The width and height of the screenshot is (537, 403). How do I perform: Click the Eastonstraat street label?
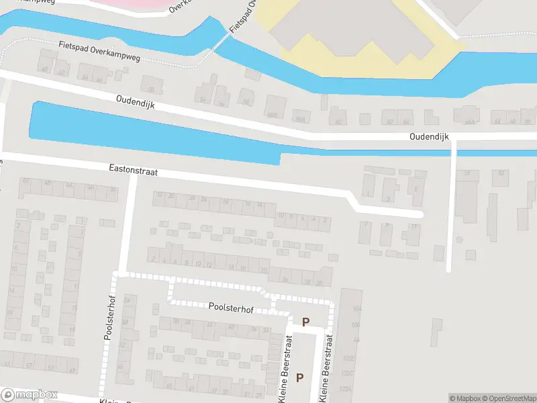133,172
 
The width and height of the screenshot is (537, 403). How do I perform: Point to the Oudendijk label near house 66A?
429,136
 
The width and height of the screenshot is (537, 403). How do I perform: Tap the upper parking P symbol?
306,322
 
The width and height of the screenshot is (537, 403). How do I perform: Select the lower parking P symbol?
299,377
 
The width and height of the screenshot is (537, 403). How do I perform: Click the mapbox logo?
30,395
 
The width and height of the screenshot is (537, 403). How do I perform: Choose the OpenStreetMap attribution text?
508,398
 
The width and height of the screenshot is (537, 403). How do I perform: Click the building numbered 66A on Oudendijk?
470,122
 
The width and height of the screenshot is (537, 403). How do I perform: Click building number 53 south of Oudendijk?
500,173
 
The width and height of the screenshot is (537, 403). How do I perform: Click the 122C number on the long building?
347,374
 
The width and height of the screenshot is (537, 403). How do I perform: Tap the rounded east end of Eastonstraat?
420,214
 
